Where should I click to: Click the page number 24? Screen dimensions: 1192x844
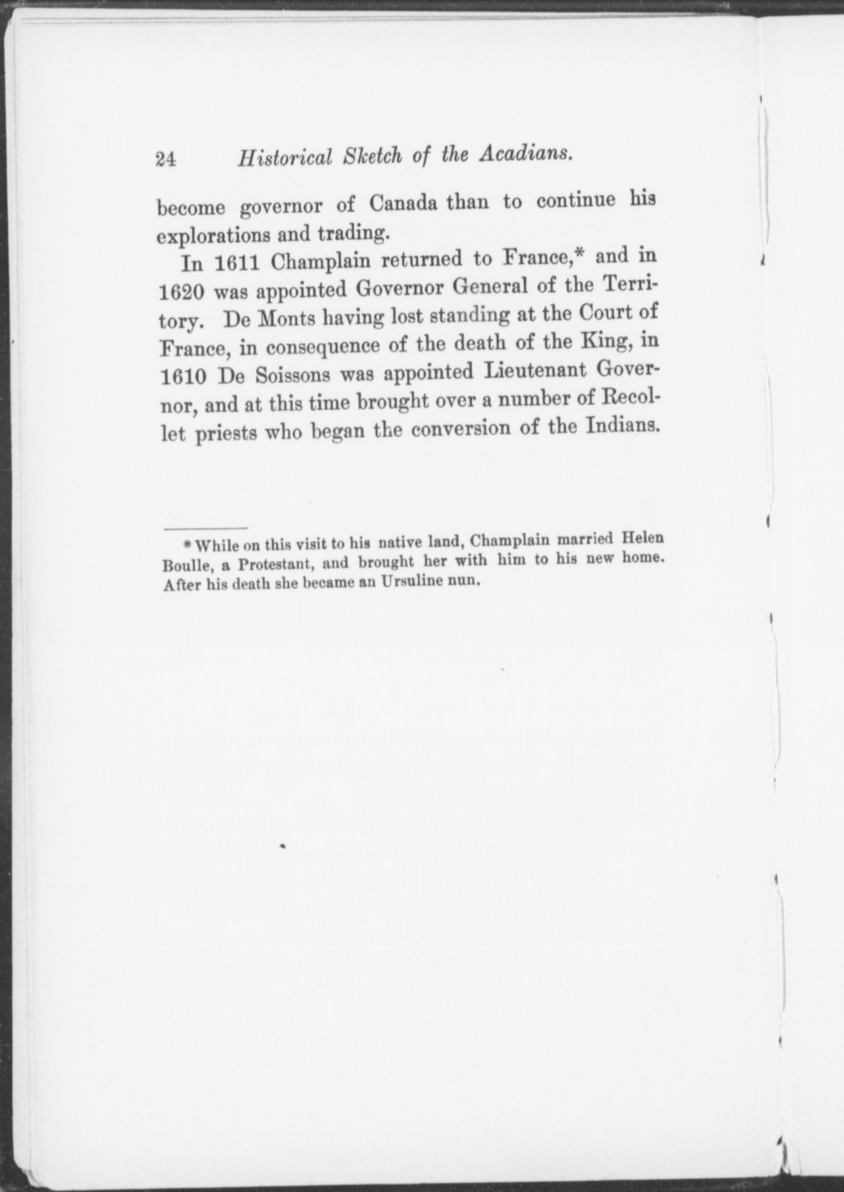166,160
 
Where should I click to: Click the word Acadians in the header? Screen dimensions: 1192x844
525,155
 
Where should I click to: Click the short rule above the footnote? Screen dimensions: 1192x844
205,529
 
